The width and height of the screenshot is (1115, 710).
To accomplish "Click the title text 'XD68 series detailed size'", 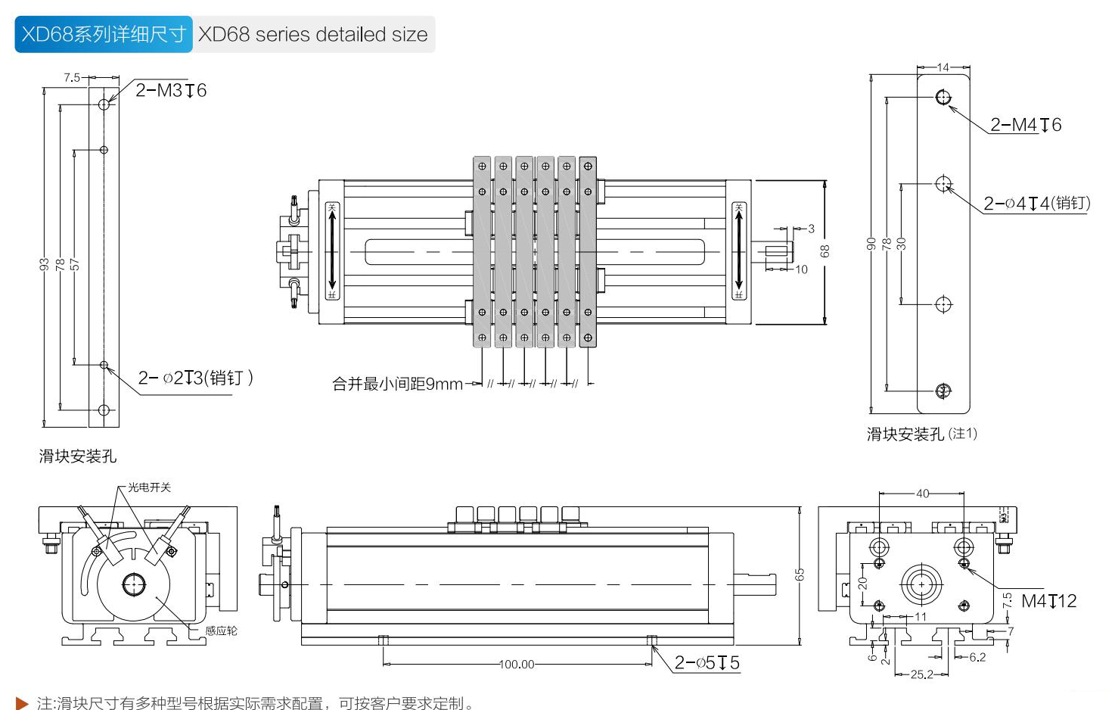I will coord(312,35).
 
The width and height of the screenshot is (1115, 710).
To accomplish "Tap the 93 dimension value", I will coord(45,264).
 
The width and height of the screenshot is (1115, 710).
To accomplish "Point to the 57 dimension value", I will coord(74,264).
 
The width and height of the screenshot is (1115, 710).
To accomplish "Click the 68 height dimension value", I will coord(825,251).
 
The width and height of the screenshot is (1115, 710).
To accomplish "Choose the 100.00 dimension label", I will coord(517,665).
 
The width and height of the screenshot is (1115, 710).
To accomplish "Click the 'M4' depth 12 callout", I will coord(1048,601).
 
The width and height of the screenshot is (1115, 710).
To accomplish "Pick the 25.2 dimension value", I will coord(921,674).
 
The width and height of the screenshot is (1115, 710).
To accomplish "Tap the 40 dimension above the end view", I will coord(922,494).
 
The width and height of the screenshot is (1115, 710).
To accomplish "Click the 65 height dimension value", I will coord(800,575).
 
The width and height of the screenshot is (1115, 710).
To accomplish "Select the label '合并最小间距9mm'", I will coord(397,385).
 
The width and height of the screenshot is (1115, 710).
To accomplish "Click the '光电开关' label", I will coord(149,487).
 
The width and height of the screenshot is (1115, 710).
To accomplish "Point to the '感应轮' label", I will coord(221,631).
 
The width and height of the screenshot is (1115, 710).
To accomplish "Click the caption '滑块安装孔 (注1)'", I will coord(921,434).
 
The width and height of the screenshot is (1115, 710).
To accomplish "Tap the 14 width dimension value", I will coord(943,67).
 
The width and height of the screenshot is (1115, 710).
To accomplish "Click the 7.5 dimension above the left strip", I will coord(72,77).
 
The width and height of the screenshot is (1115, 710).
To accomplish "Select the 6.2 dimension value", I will coord(977,657).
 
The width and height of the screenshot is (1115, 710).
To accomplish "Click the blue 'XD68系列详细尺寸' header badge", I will coord(104,35).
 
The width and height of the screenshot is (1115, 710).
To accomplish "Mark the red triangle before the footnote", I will coord(22,703).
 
